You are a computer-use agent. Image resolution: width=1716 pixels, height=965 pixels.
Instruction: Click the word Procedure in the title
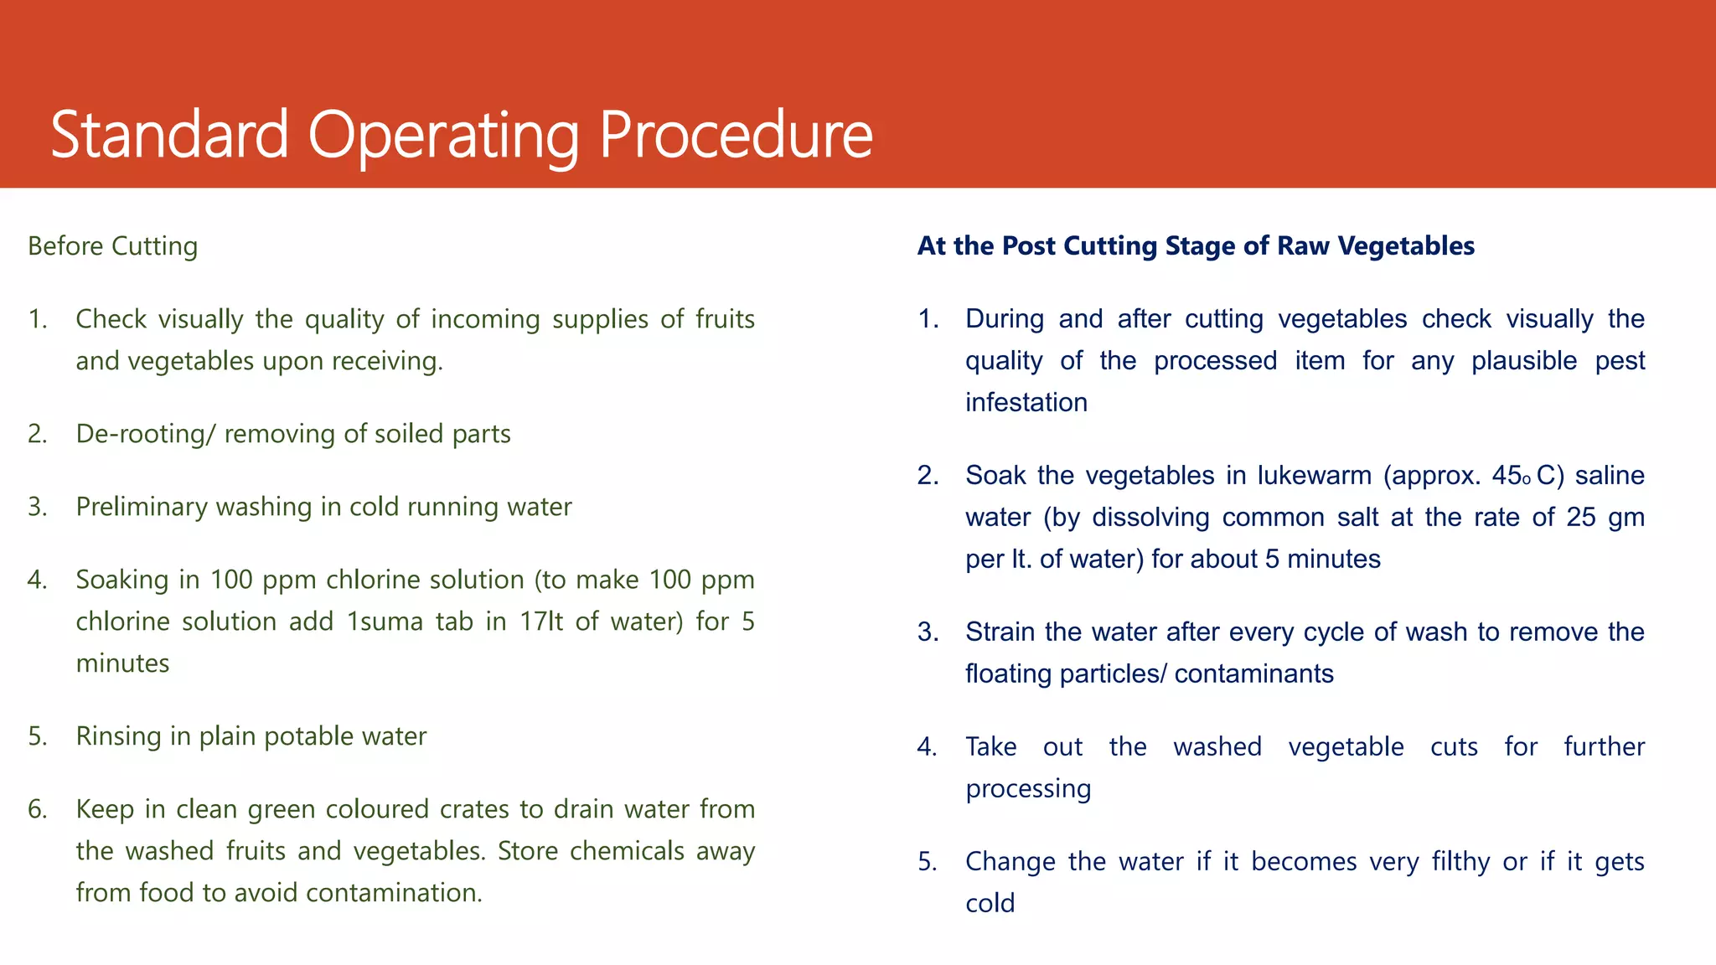point(736,136)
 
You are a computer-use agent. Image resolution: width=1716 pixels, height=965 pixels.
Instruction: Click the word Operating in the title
point(444,136)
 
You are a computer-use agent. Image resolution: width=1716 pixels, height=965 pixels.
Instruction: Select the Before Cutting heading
point(113,246)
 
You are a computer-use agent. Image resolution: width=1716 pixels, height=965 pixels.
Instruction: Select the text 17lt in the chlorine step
point(540,622)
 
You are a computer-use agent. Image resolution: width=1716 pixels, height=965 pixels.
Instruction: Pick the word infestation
point(1026,403)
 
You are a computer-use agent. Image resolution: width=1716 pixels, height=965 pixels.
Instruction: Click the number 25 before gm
point(1580,518)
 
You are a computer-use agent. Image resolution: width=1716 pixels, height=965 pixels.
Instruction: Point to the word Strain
point(1000,632)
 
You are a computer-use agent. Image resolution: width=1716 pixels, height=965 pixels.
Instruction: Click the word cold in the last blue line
point(990,904)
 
